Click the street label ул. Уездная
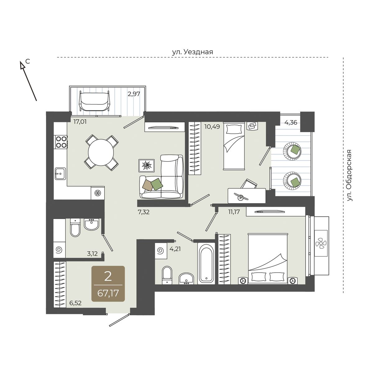click(192, 52)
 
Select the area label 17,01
click(80, 122)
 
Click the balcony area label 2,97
click(134, 94)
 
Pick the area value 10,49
click(212, 127)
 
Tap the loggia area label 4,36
click(291, 122)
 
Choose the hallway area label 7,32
click(144, 213)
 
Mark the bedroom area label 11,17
click(234, 212)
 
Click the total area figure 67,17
click(108, 293)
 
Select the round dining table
click(101, 153)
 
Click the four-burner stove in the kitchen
click(61, 142)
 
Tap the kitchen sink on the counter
click(60, 174)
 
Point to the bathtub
click(206, 264)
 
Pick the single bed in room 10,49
click(234, 146)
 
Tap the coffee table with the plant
click(146, 166)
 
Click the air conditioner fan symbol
click(321, 243)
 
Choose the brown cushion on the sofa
click(148, 185)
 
